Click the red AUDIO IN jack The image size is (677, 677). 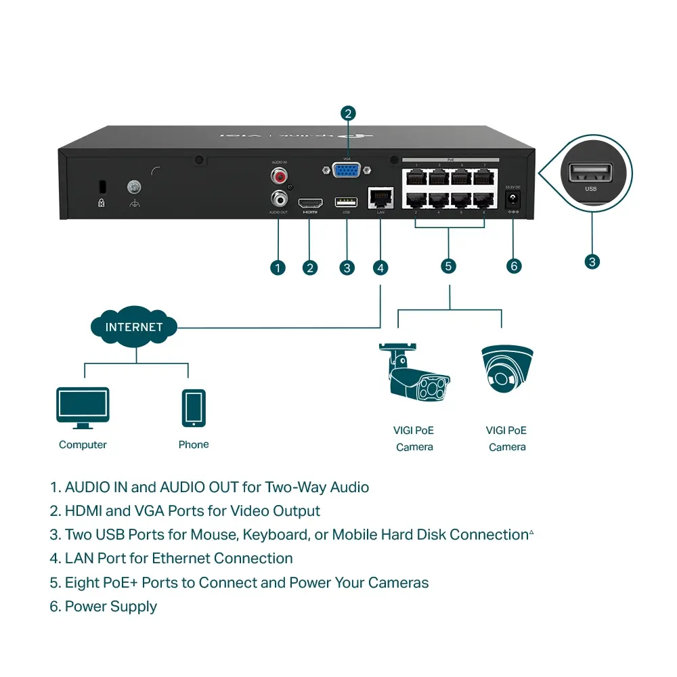tap(278, 176)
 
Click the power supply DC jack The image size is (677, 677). tap(513, 200)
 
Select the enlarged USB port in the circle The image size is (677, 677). tap(591, 173)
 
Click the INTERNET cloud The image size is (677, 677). tap(134, 327)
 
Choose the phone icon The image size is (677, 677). tap(194, 408)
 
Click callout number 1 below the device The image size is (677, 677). tap(278, 267)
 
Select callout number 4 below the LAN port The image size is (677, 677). tap(380, 267)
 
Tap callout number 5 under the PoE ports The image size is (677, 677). tap(449, 266)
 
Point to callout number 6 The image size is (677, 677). tap(514, 266)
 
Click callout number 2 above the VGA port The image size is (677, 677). tap(348, 113)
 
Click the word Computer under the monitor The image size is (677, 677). tap(83, 445)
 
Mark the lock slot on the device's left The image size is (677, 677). tap(102, 185)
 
